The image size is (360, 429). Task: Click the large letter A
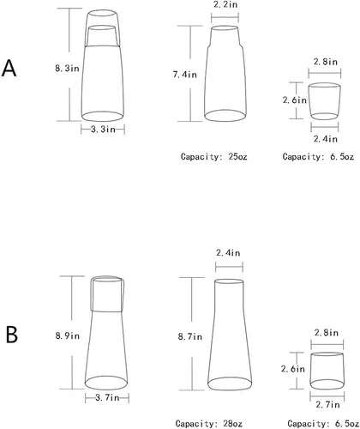9,69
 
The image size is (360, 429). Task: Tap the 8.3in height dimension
67,69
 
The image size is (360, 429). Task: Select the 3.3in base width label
103,130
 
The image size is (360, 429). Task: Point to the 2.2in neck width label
225,4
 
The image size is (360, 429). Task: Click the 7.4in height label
185,75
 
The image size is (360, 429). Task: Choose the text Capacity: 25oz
213,157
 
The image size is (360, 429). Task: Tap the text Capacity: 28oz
209,424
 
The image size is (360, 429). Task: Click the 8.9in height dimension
68,335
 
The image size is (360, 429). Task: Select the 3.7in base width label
107,397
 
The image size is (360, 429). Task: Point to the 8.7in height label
190,336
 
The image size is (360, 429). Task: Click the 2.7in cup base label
327,405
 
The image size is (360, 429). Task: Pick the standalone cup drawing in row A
325,101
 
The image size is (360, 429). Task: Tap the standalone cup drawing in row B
327,371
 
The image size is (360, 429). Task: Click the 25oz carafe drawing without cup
225,74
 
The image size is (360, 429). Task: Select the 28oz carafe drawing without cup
230,335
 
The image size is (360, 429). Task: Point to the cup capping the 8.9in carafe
107,293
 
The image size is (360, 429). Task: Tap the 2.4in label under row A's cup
326,139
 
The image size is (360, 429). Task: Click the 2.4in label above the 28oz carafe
228,253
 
